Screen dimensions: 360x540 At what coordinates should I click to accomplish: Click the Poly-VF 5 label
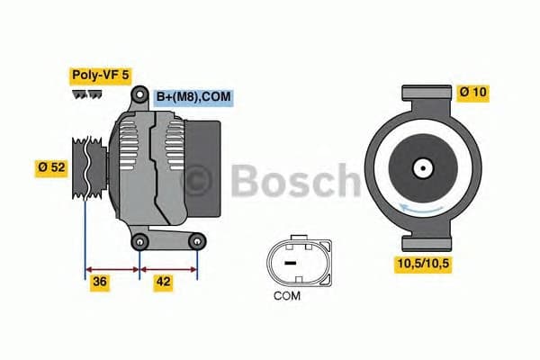tap(99, 76)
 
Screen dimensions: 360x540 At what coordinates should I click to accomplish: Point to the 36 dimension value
tap(101, 282)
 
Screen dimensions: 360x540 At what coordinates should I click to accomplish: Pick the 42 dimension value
tap(163, 282)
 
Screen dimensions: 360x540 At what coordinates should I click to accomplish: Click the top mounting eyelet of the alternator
tap(140, 95)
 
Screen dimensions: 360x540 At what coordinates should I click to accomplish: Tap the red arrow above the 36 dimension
tap(112, 267)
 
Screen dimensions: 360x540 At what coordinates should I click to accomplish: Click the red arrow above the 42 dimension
tap(168, 267)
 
